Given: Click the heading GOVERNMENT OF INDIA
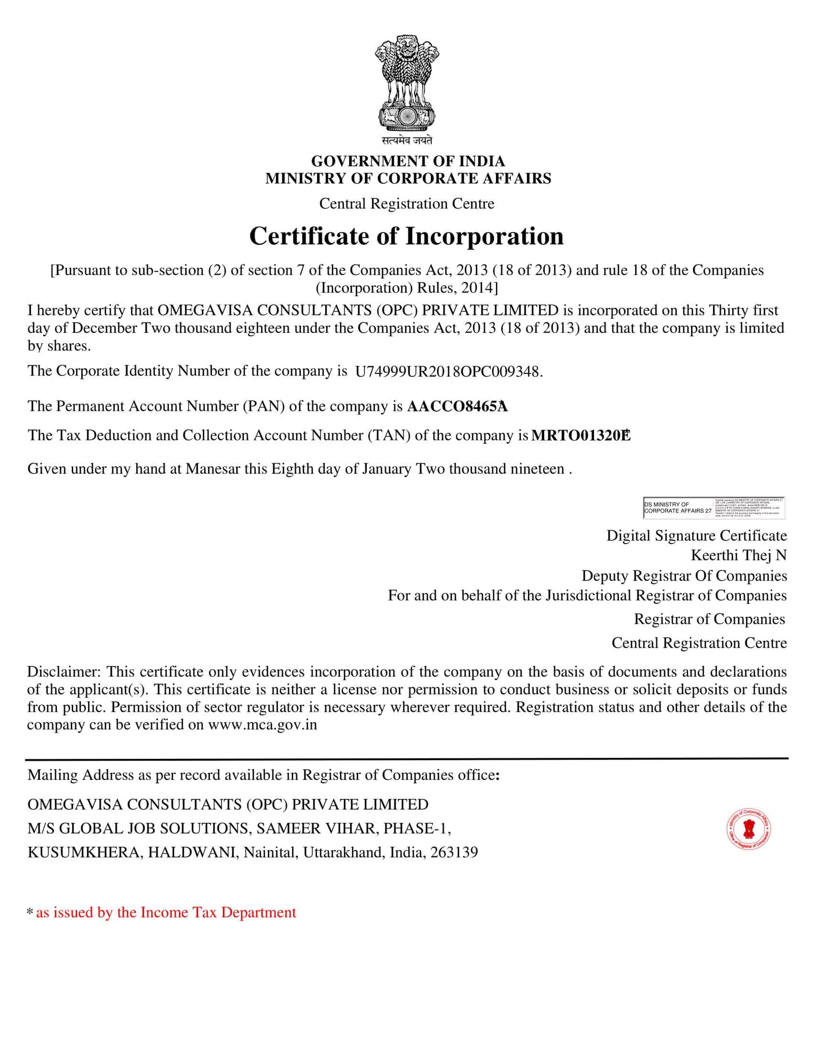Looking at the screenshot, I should click(408, 161).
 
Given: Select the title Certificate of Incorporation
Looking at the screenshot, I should click(406, 237).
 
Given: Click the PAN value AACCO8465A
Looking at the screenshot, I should click(457, 406).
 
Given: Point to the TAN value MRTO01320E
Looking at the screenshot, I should click(580, 436).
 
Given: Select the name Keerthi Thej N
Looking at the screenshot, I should click(738, 555).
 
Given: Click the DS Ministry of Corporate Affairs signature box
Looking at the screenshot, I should click(713, 507).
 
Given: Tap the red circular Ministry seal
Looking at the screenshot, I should click(748, 829).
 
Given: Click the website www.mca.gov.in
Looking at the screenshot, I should click(262, 725).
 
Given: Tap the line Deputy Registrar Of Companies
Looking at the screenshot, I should click(684, 576).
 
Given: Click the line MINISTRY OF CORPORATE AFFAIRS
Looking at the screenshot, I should click(408, 178).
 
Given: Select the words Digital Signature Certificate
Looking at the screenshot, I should click(696, 535).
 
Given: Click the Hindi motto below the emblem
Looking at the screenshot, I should click(407, 140).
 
